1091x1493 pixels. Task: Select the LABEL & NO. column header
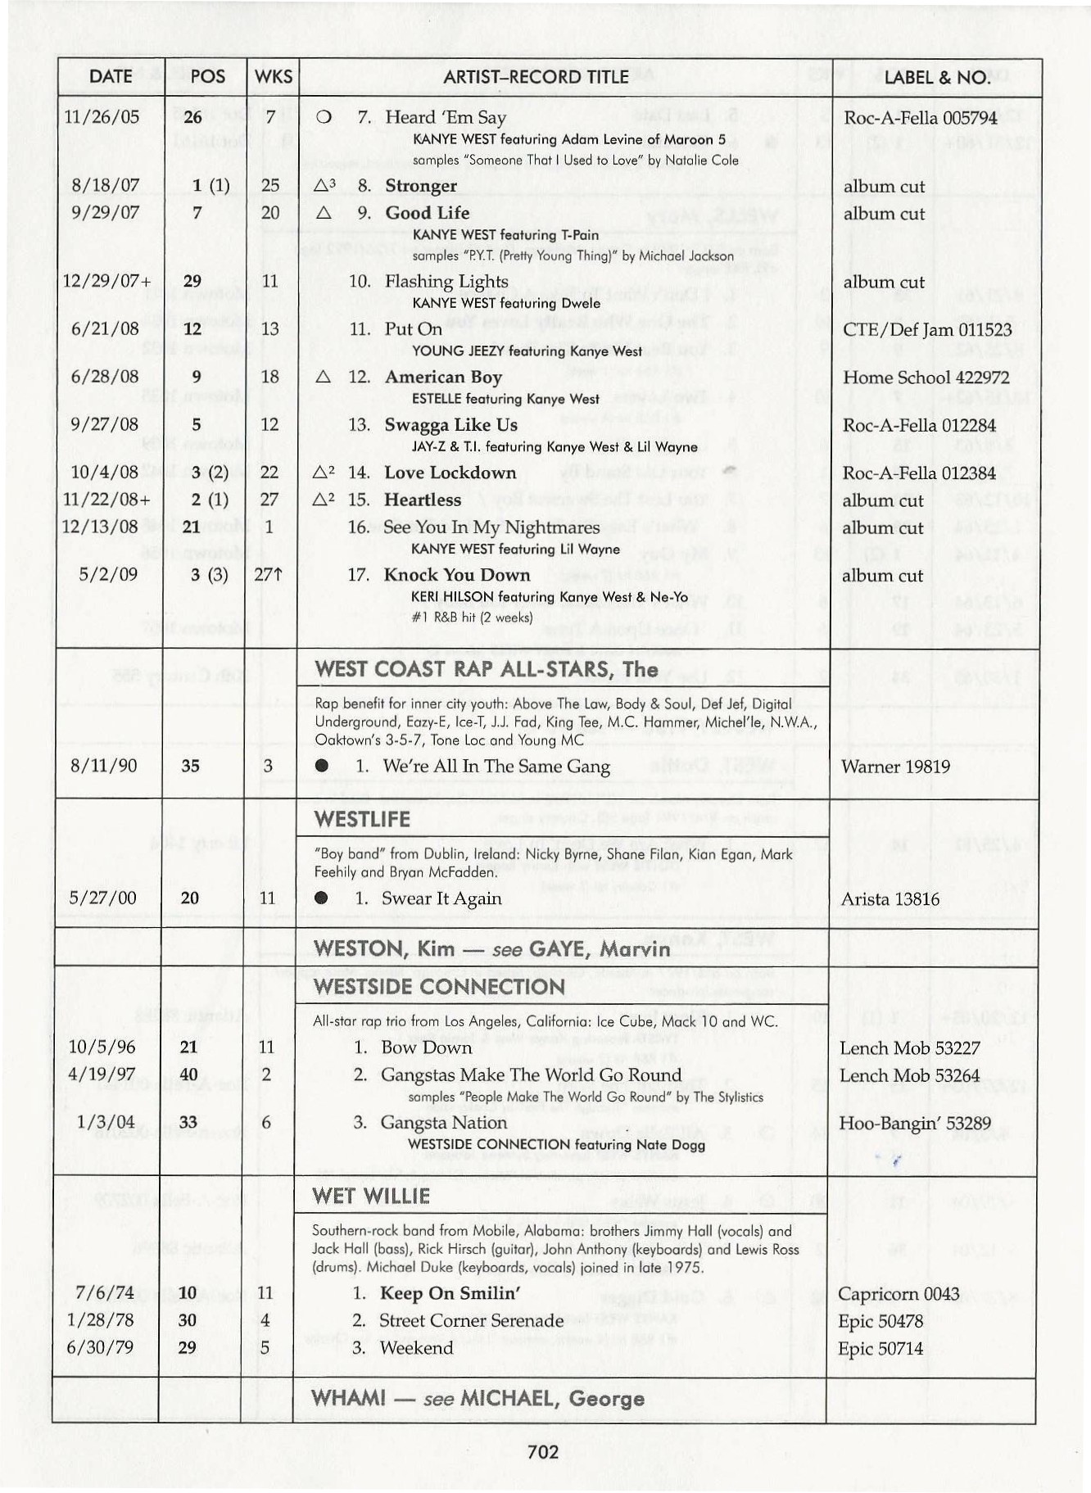click(x=936, y=77)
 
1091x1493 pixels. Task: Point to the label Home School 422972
click(x=926, y=378)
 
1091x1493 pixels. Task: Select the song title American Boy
click(x=443, y=377)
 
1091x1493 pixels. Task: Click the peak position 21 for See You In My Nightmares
click(x=191, y=527)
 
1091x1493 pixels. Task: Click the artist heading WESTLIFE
click(x=361, y=819)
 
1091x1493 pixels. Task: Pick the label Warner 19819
click(x=894, y=767)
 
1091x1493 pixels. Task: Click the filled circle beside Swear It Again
click(x=321, y=898)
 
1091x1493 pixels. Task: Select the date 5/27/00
click(x=102, y=898)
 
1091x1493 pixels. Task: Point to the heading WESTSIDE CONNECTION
click(x=439, y=986)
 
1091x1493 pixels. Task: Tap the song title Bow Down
click(x=426, y=1047)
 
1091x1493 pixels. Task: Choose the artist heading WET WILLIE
click(x=371, y=1196)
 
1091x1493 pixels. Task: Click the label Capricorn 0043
click(x=898, y=1294)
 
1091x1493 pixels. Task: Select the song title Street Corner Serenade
click(x=471, y=1320)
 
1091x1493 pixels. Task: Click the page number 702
click(x=543, y=1452)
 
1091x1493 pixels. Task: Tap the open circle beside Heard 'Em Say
click(x=324, y=117)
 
